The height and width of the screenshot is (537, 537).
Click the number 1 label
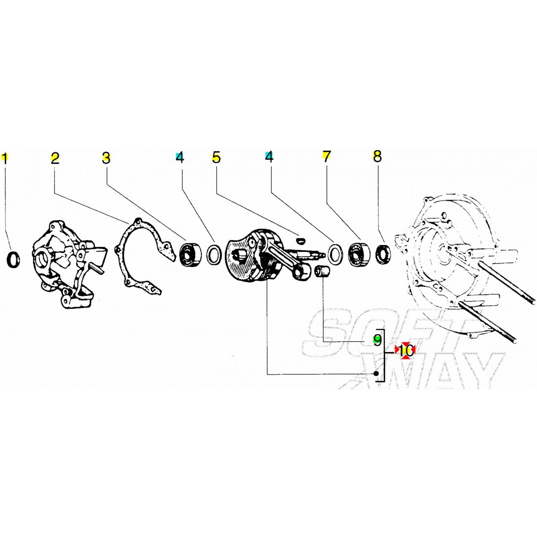(5, 158)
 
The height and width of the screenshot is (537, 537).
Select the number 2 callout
(55, 158)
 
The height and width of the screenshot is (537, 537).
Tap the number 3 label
(106, 158)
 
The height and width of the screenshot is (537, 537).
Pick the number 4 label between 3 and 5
(180, 157)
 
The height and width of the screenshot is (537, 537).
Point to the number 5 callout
(216, 157)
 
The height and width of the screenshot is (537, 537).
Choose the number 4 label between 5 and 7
(269, 157)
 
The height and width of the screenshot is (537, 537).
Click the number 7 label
(327, 157)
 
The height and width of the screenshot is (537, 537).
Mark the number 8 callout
(377, 156)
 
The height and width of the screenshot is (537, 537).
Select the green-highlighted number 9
(377, 340)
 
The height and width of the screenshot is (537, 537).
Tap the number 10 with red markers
(405, 351)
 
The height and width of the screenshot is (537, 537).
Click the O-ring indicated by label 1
(14, 259)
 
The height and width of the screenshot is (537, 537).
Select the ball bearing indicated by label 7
(359, 254)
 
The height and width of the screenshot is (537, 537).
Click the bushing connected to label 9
(322, 272)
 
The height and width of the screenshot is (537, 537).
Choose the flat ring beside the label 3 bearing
(214, 254)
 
